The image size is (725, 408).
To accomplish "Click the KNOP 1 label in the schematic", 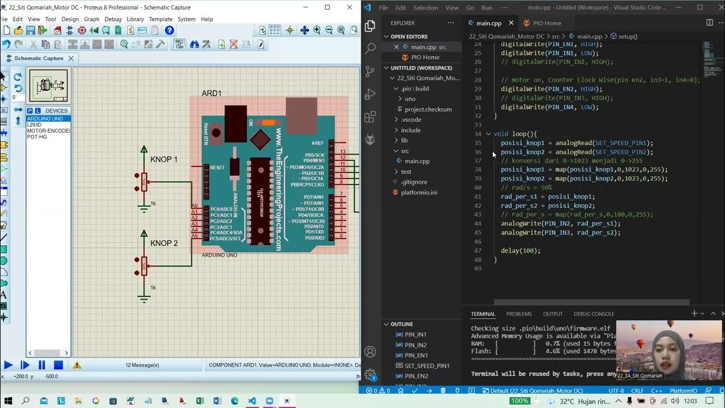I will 164,159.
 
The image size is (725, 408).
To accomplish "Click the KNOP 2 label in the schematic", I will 164,243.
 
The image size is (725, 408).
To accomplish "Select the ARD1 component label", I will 211,93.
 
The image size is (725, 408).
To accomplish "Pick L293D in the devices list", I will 35,125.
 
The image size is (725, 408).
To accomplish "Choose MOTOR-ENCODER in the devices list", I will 48,131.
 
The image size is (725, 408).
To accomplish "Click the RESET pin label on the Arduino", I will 217,168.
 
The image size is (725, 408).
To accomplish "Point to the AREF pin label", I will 317,143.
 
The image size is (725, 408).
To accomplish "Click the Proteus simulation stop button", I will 58,365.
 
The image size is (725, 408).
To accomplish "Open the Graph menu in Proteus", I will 91,19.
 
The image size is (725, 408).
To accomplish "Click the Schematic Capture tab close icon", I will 71,58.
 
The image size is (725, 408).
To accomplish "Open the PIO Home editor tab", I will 542,23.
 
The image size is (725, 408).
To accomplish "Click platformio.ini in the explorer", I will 419,192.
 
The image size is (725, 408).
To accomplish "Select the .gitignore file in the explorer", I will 414,182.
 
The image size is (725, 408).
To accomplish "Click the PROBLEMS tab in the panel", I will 519,313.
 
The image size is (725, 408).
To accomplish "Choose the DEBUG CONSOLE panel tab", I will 594,313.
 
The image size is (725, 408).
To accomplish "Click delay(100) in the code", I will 521,250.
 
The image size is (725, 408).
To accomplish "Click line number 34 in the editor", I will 477,134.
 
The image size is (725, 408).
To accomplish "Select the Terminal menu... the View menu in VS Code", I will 452,7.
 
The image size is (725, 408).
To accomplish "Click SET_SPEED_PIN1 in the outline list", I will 427,365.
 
